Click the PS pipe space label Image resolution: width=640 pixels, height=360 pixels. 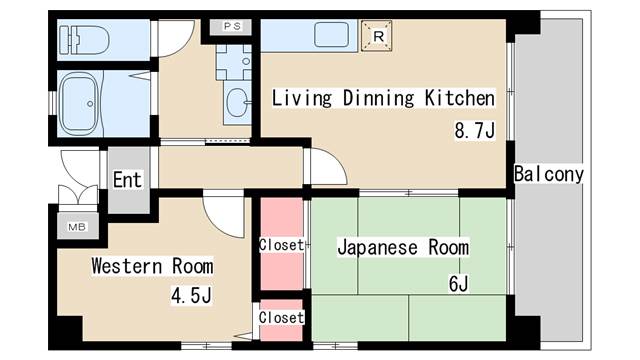pyautogui.click(x=232, y=27)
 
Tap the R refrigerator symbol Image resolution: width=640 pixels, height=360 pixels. pyautogui.click(x=377, y=36)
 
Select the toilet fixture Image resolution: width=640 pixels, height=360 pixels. pyautogui.click(x=84, y=40)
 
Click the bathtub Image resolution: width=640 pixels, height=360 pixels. pyautogui.click(x=80, y=104)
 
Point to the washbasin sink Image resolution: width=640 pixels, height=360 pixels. pyautogui.click(x=238, y=102)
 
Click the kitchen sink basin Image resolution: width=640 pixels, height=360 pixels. pyautogui.click(x=331, y=35)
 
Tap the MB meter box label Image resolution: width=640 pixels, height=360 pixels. pyautogui.click(x=77, y=227)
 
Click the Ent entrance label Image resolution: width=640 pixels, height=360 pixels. pyautogui.click(x=127, y=180)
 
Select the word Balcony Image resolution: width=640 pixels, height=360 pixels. pyautogui.click(x=549, y=174)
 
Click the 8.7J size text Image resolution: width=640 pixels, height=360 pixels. pyautogui.click(x=475, y=131)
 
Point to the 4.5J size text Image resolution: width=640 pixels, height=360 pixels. pyautogui.click(x=191, y=295)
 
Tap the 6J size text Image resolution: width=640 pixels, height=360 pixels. pyautogui.click(x=458, y=284)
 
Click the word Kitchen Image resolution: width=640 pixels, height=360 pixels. pyautogui.click(x=460, y=98)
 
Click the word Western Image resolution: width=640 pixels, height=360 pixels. pyautogui.click(x=127, y=266)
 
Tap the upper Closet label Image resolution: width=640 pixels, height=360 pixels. pyautogui.click(x=282, y=245)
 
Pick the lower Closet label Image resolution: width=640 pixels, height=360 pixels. pyautogui.click(x=282, y=317)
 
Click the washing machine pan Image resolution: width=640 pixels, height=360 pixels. pyautogui.click(x=233, y=62)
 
